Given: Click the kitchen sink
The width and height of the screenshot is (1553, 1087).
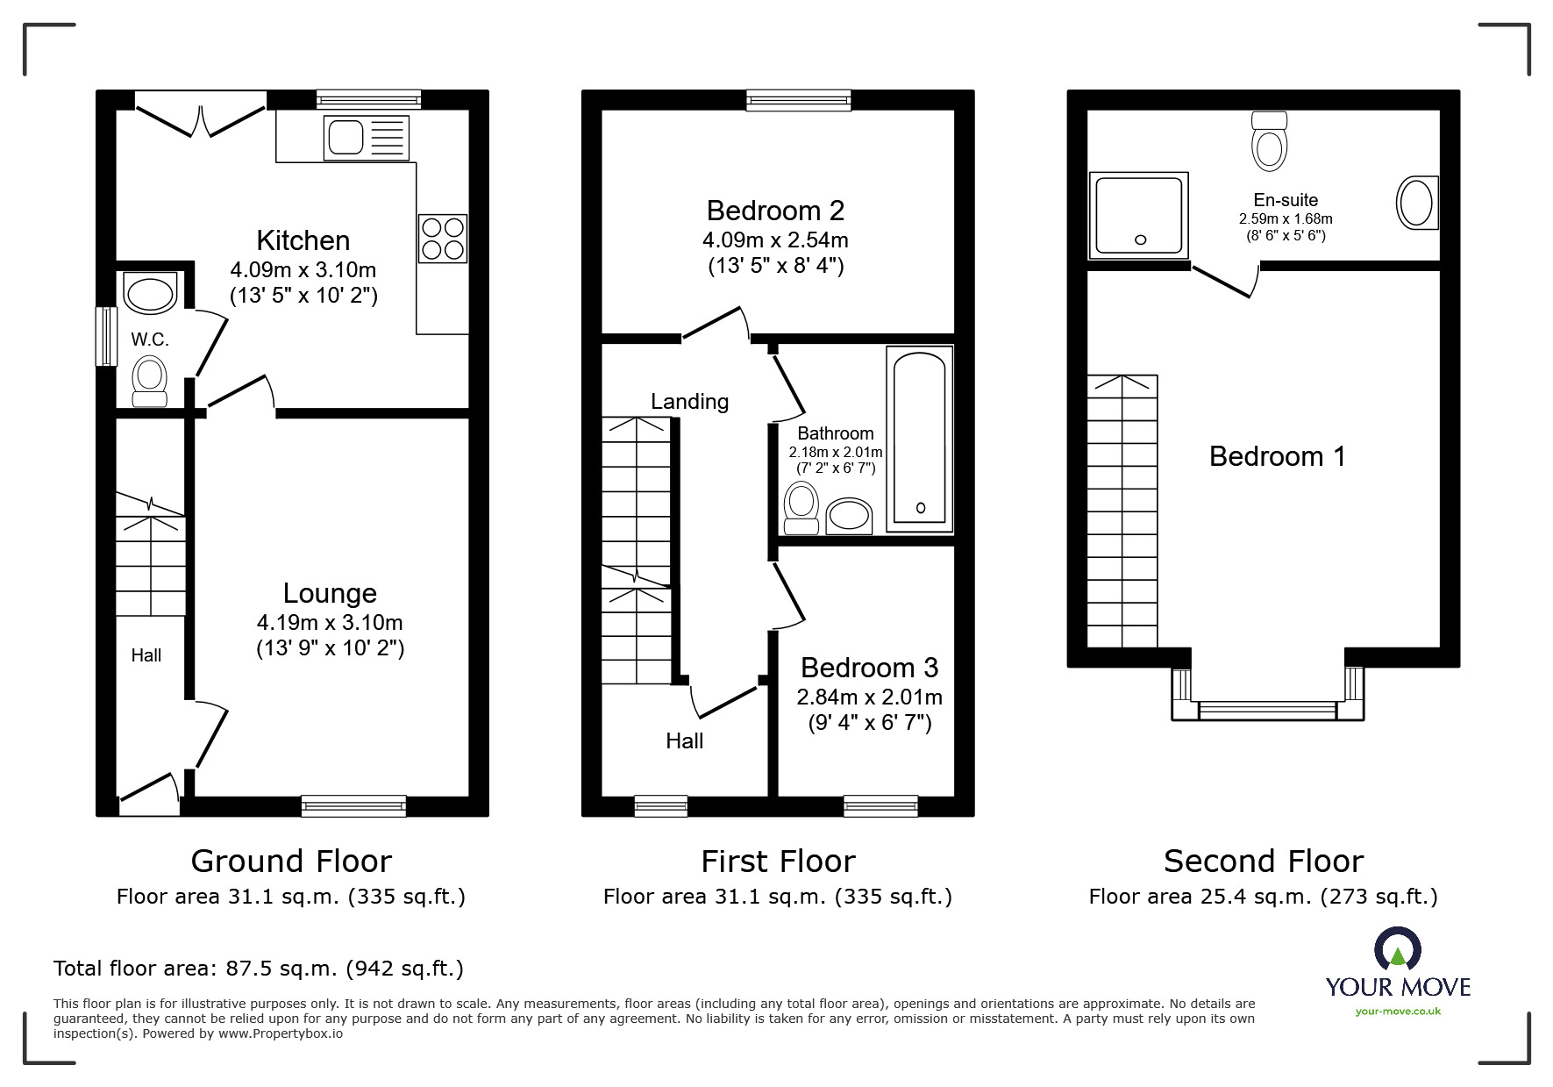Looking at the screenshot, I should (x=366, y=139).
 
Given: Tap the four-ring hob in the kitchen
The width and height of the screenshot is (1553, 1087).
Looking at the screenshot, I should (x=442, y=238).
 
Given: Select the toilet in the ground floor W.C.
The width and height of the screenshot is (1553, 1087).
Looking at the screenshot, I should (x=149, y=383).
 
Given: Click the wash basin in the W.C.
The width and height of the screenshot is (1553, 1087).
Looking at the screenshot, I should (x=150, y=293).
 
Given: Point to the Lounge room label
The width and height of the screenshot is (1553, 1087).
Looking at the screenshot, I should (x=330, y=594).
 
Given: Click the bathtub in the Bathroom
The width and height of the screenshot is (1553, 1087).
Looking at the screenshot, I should (x=919, y=439).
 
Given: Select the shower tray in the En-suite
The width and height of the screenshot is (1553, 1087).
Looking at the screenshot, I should (x=1139, y=215).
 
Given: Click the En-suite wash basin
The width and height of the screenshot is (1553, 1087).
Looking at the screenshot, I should (x=1416, y=203).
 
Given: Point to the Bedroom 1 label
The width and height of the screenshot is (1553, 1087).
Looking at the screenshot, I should (x=1277, y=456).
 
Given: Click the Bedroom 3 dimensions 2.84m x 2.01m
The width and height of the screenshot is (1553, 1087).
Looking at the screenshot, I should (x=869, y=697).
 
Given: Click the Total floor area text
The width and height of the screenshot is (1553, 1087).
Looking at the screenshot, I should (x=259, y=969).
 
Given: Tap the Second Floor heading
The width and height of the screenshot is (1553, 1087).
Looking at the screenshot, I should (x=1263, y=862).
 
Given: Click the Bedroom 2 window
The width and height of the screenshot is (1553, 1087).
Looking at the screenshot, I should (x=798, y=100).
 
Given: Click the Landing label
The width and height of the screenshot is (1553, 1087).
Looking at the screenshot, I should (x=689, y=402).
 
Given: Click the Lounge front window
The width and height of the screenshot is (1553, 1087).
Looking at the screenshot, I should (x=353, y=805).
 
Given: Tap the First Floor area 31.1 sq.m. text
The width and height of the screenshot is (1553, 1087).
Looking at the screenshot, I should (x=777, y=897).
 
